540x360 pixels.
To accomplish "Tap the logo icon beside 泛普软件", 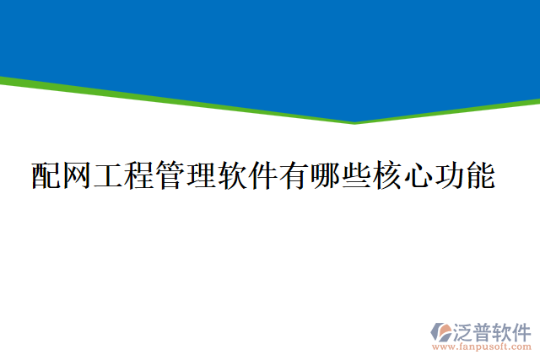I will (442, 332).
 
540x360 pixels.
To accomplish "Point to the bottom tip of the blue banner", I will (354, 120).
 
